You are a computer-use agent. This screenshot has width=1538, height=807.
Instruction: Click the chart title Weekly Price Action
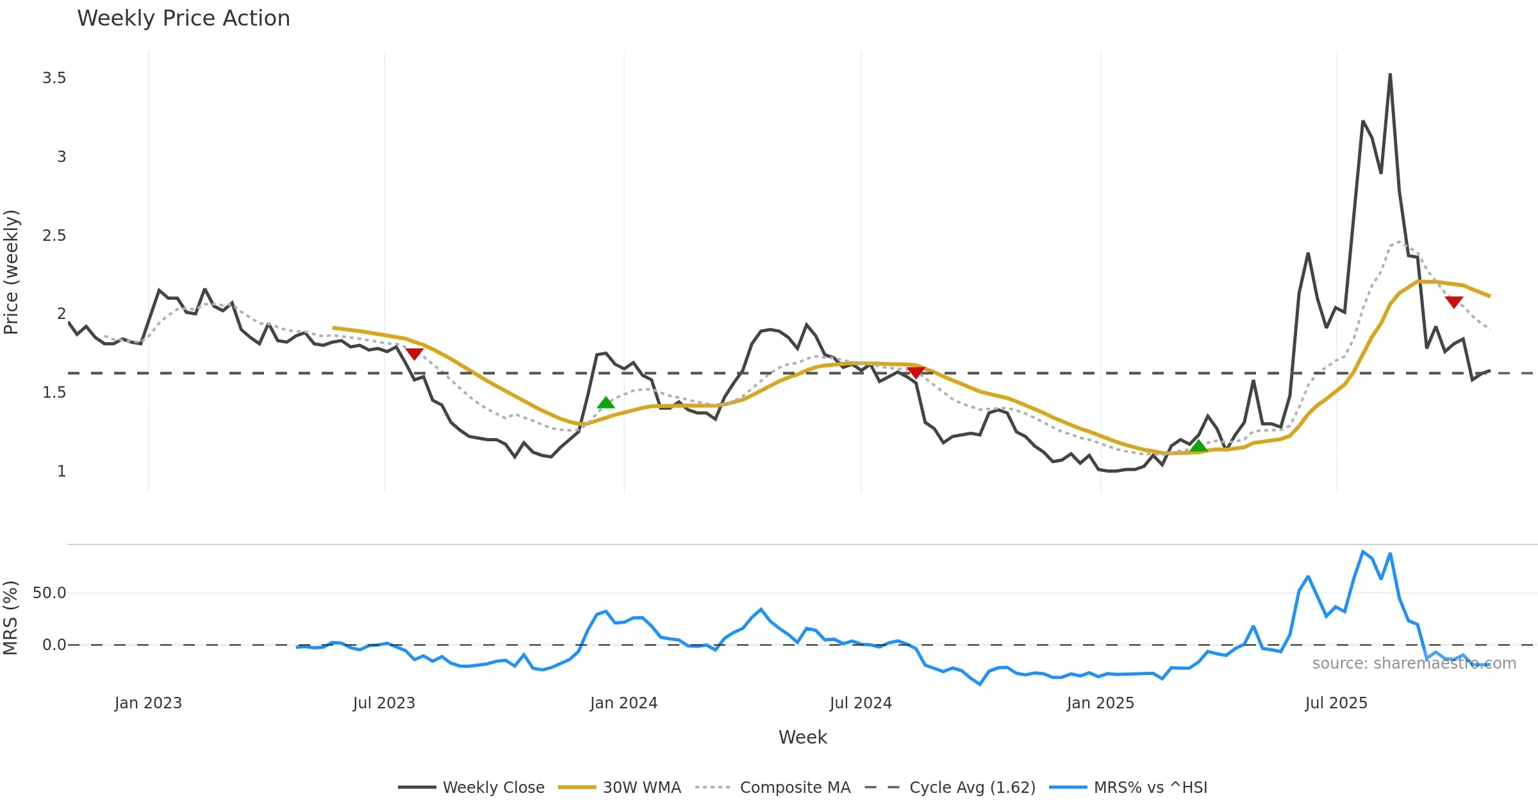coord(183,19)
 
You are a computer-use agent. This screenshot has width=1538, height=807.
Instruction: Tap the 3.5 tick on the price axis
coord(54,78)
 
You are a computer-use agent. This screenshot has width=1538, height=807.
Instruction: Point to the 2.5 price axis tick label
coord(54,236)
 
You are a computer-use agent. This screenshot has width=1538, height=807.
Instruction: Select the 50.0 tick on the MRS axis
coord(49,593)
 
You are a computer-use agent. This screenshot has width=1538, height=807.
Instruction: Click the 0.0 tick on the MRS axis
coord(54,645)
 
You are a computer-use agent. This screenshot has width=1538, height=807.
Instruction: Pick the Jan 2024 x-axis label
coord(624,703)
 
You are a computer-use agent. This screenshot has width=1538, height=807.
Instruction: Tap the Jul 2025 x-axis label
coord(1336,703)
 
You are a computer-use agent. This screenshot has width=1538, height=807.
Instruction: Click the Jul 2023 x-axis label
coord(384,703)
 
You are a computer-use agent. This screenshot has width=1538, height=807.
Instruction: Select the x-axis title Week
coord(802,737)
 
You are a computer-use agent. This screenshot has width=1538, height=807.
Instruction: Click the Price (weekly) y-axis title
coord(12,272)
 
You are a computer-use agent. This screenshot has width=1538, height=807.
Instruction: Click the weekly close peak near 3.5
coord(1390,75)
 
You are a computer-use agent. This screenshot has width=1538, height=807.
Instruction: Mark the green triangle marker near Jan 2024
coord(606,403)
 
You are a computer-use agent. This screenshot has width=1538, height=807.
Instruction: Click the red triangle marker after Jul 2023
coord(415,354)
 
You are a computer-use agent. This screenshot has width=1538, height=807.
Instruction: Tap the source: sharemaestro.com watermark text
coord(1414,664)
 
